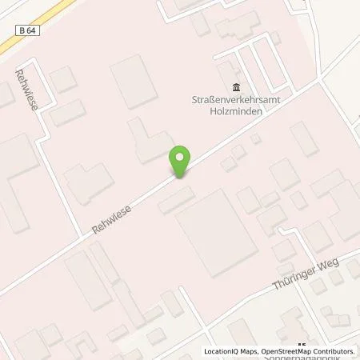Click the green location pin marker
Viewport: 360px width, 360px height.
pyautogui.click(x=182, y=163)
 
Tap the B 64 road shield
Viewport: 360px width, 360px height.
pyautogui.click(x=23, y=30)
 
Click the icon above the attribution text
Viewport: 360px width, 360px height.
pyautogui.click(x=302, y=346)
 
